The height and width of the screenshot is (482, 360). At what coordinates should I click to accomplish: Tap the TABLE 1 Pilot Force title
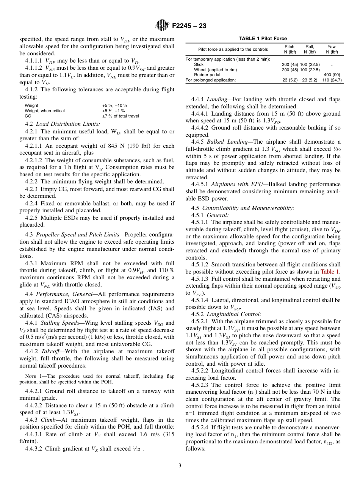point(263,39)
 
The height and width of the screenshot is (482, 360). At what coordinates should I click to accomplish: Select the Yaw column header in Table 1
point(332,47)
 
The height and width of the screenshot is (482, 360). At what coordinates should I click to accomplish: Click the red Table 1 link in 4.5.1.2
point(330,272)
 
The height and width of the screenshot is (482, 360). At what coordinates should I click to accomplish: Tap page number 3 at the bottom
point(180,466)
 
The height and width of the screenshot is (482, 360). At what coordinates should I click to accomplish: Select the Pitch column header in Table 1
point(290,47)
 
